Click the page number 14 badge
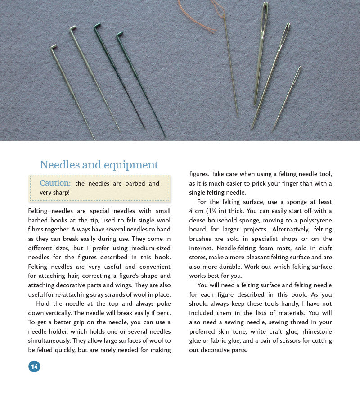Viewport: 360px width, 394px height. [34, 367]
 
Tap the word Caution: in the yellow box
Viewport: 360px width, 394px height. [55, 183]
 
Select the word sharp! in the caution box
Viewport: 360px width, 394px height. [61, 192]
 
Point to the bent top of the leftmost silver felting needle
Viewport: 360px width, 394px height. [54, 46]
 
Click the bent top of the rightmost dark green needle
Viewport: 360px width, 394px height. [120, 34]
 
